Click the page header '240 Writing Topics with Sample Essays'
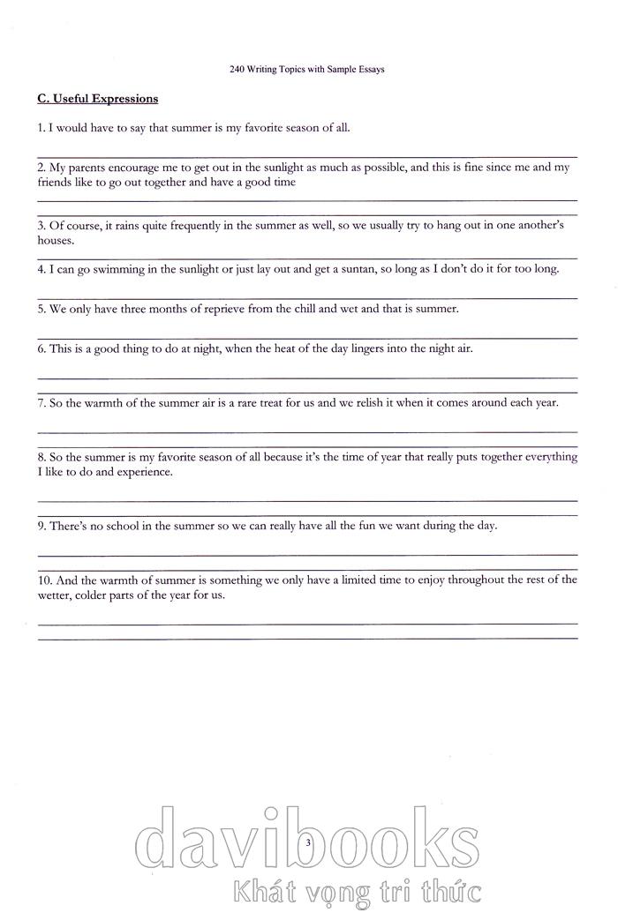tap(306, 70)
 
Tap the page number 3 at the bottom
tap(308, 844)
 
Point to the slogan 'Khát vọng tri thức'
tap(354, 891)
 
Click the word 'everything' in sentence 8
tap(551, 457)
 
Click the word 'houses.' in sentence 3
tap(56, 240)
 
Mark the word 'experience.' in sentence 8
tap(143, 472)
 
